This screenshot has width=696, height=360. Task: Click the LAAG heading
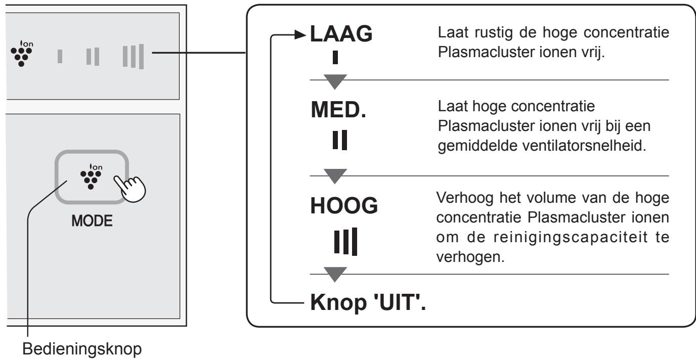341,33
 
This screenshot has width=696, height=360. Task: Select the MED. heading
339,110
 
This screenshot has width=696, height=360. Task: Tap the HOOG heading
344,206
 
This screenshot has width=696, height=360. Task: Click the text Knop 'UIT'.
368,302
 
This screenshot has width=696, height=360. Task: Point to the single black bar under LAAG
335,58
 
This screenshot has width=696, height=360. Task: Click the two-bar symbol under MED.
339,140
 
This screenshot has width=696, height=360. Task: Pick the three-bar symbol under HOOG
345,242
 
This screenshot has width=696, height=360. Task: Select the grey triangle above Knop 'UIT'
335,274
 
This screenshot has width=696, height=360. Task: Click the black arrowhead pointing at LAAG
300,34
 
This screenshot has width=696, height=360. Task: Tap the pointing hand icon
130,189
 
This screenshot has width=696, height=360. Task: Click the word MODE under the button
92,221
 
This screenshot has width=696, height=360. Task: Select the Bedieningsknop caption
82,349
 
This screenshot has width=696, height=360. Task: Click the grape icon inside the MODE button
91,176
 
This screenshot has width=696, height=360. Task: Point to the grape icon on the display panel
22,53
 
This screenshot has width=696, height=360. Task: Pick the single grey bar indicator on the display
60,57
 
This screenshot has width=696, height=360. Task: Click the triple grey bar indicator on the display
133,57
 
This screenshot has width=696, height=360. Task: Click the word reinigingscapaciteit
571,238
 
